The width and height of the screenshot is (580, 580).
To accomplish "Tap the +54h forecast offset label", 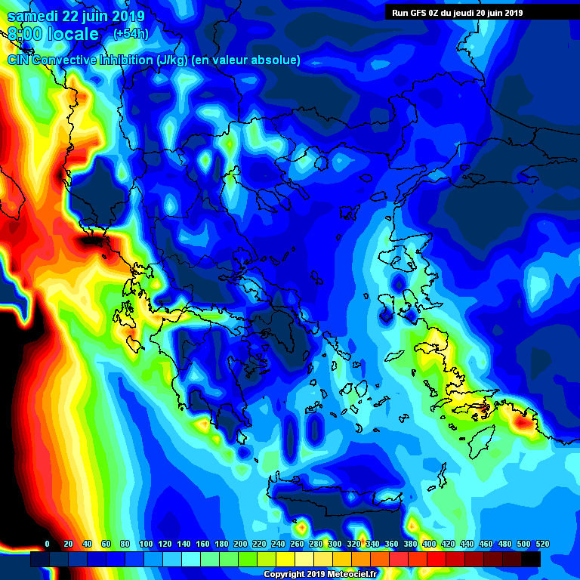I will click(131, 34).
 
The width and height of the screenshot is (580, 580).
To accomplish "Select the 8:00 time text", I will click(24, 34).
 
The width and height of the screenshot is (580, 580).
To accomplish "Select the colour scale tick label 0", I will click(48, 544).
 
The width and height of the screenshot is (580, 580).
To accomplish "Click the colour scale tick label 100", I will click(146, 544).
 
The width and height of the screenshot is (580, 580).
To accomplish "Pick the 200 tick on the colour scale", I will click(241, 544).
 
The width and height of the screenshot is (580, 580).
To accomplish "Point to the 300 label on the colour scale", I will click(335, 544).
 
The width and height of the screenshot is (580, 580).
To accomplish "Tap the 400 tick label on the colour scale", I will click(429, 544).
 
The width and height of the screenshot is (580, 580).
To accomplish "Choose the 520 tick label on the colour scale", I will click(541, 544).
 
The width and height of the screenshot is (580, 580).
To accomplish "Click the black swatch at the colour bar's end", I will click(531, 559).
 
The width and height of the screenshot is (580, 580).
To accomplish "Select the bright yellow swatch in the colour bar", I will click(285, 559).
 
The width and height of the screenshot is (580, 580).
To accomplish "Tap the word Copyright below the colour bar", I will click(285, 575).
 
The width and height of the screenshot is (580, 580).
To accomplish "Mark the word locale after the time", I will click(73, 34).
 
